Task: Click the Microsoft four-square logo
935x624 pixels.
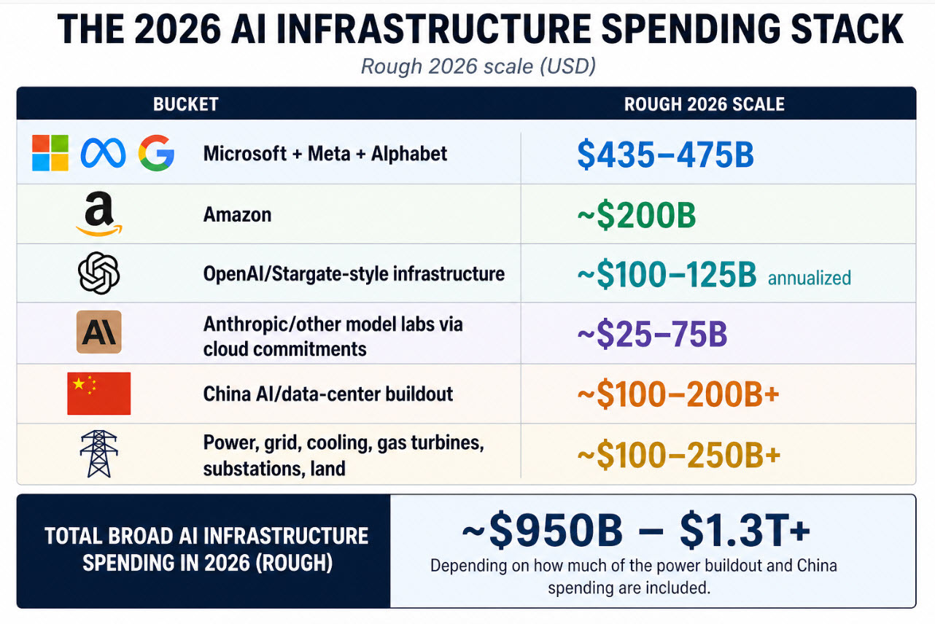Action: tap(50, 153)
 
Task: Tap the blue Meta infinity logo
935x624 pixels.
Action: tap(103, 153)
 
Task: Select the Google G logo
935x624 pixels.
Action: tap(156, 153)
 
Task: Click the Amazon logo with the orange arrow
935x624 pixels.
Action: tap(98, 215)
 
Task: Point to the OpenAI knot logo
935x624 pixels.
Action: tap(98, 274)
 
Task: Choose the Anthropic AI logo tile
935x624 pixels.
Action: tap(98, 333)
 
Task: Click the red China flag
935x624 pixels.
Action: tap(98, 394)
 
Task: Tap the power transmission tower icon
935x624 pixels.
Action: tap(98, 453)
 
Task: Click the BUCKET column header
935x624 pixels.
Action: tap(185, 104)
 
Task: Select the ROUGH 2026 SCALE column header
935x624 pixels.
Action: tap(704, 104)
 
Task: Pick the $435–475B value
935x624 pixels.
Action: tap(664, 155)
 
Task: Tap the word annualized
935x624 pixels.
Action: tap(809, 278)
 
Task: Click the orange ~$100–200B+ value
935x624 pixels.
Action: tap(678, 394)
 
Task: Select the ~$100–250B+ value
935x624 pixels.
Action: tap(678, 454)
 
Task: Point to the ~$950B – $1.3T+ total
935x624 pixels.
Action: tap(635, 533)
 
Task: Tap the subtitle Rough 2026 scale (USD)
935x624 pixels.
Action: tap(478, 66)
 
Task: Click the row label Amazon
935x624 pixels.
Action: tap(237, 215)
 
